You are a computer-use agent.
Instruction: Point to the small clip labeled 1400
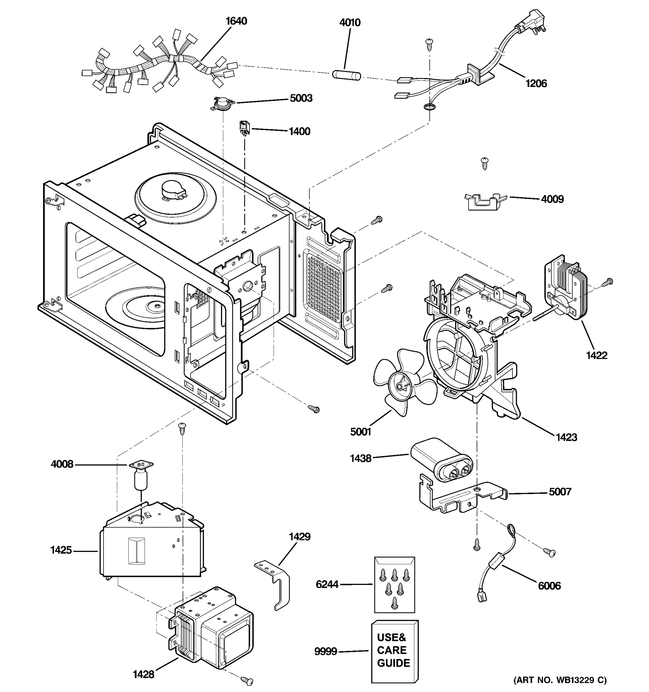(245, 128)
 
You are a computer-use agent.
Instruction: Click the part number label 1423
(566, 437)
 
